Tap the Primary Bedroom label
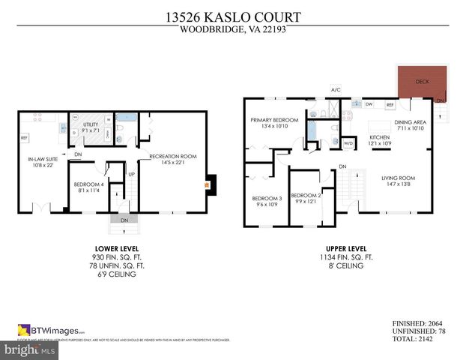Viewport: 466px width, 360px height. pyautogui.click(x=273, y=120)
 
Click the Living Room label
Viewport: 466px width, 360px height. pyautogui.click(x=398, y=178)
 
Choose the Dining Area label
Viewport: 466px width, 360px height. pyautogui.click(x=410, y=122)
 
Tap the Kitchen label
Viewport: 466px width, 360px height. pyautogui.click(x=380, y=138)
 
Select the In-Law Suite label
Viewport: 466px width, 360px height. pyautogui.click(x=41, y=160)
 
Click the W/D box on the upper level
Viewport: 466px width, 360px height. pyautogui.click(x=348, y=143)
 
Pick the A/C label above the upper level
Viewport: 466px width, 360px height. pyautogui.click(x=336, y=91)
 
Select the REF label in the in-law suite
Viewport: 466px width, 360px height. pyautogui.click(x=24, y=138)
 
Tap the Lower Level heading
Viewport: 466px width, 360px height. pyautogui.click(x=116, y=248)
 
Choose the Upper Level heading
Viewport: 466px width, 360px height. pyautogui.click(x=346, y=248)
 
